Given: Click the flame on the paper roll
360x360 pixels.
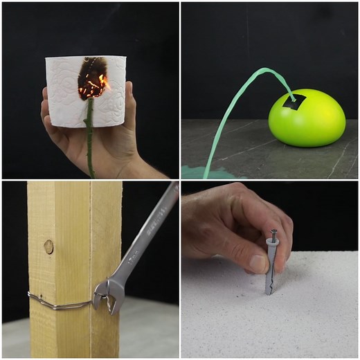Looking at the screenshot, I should pos(102,84).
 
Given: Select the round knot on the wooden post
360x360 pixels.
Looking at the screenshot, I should pos(48,246).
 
